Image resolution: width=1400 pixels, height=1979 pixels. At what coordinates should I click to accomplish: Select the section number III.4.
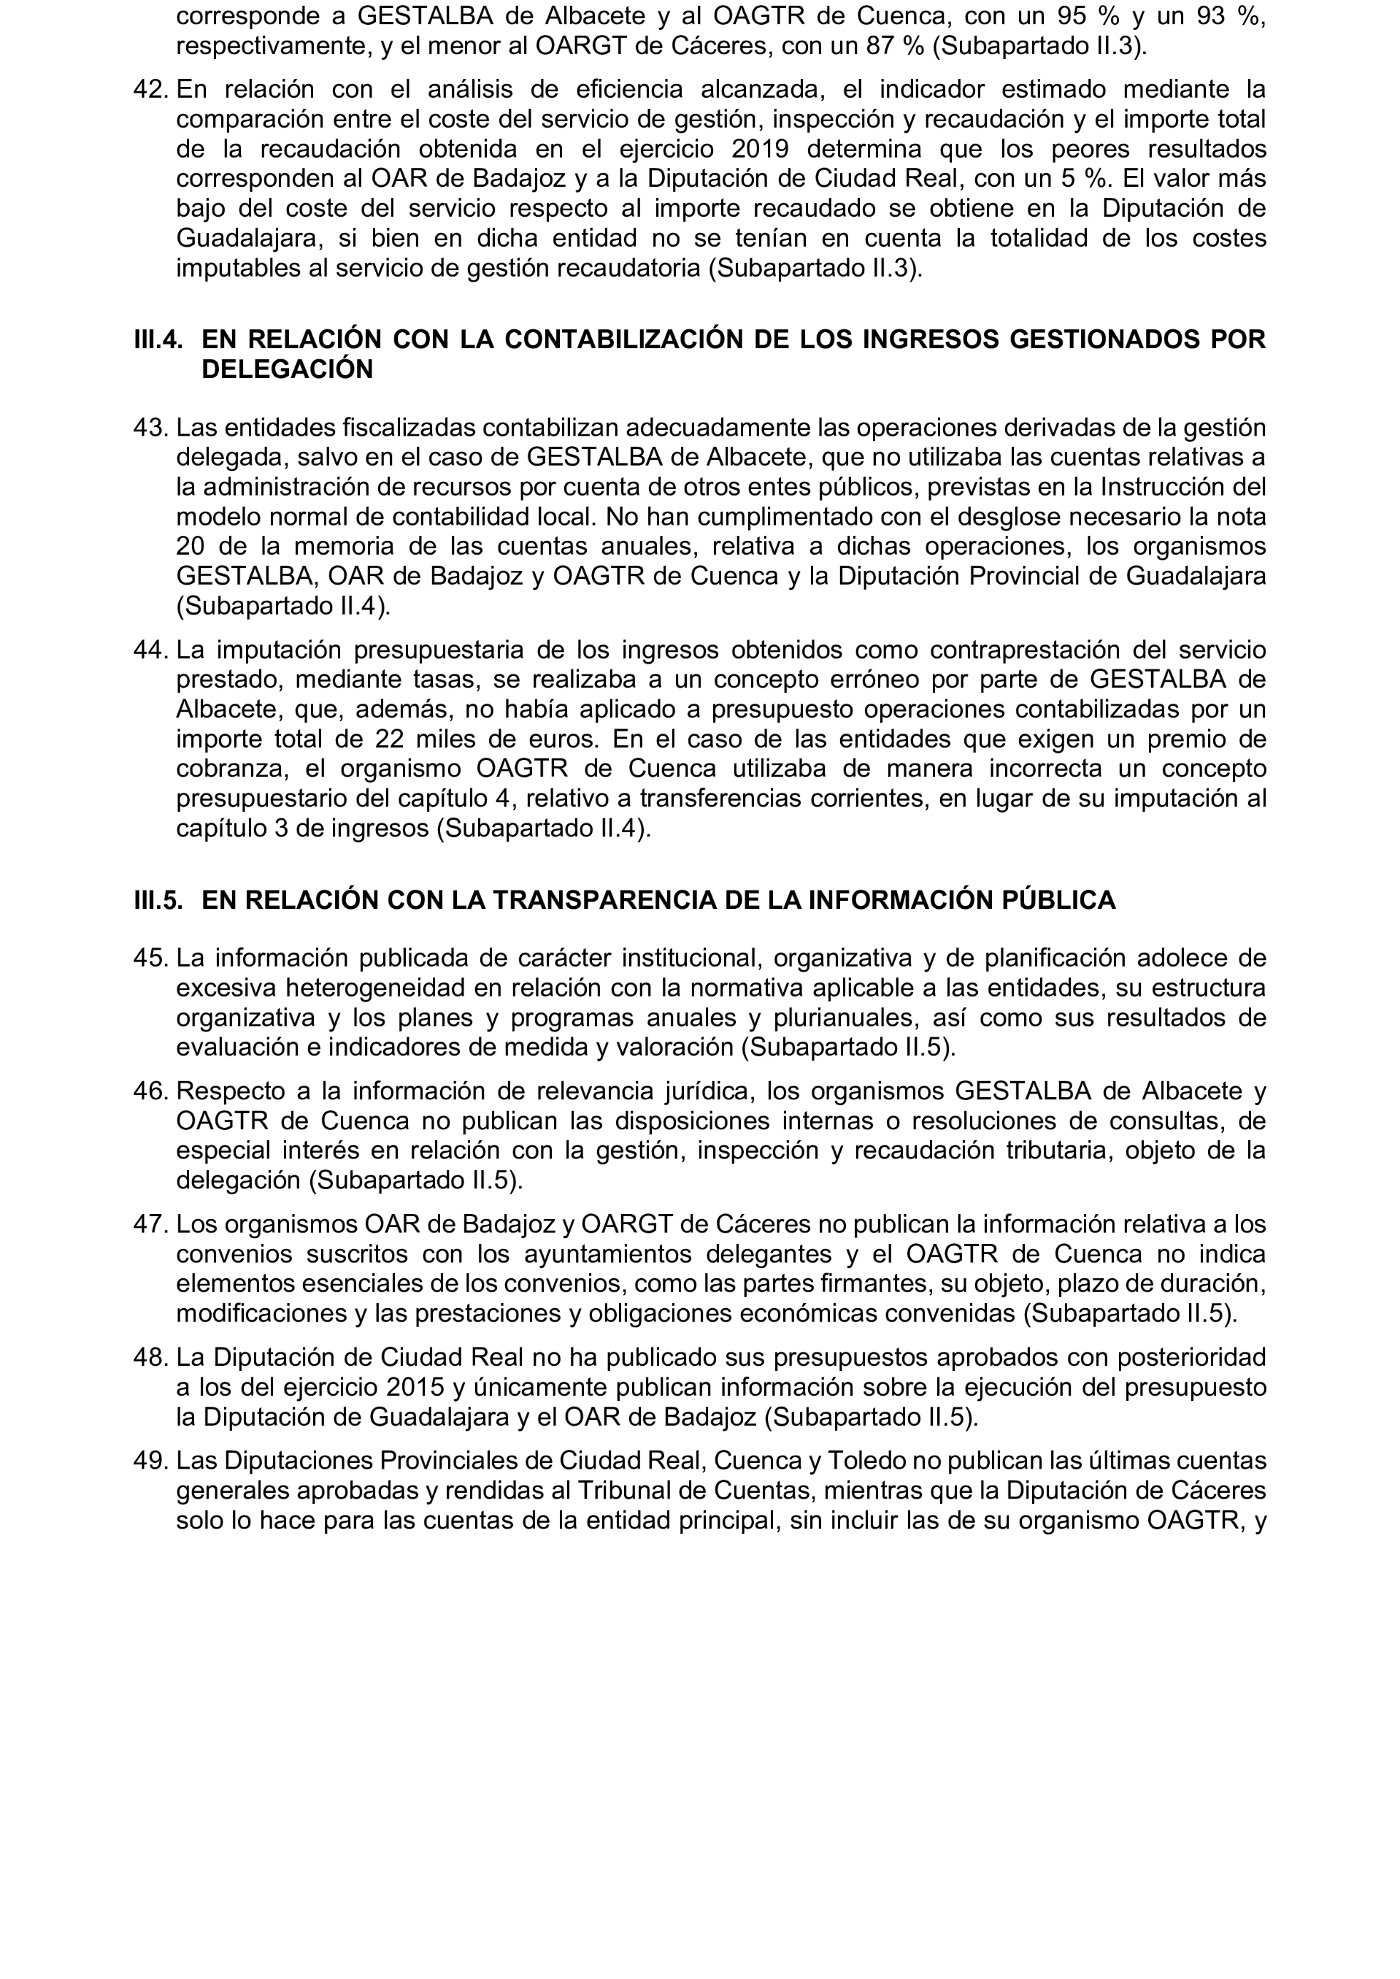(158, 339)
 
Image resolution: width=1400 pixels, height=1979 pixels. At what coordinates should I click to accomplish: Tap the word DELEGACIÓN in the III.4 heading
(287, 370)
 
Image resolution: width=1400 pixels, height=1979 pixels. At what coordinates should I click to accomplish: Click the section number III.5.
(158, 900)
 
